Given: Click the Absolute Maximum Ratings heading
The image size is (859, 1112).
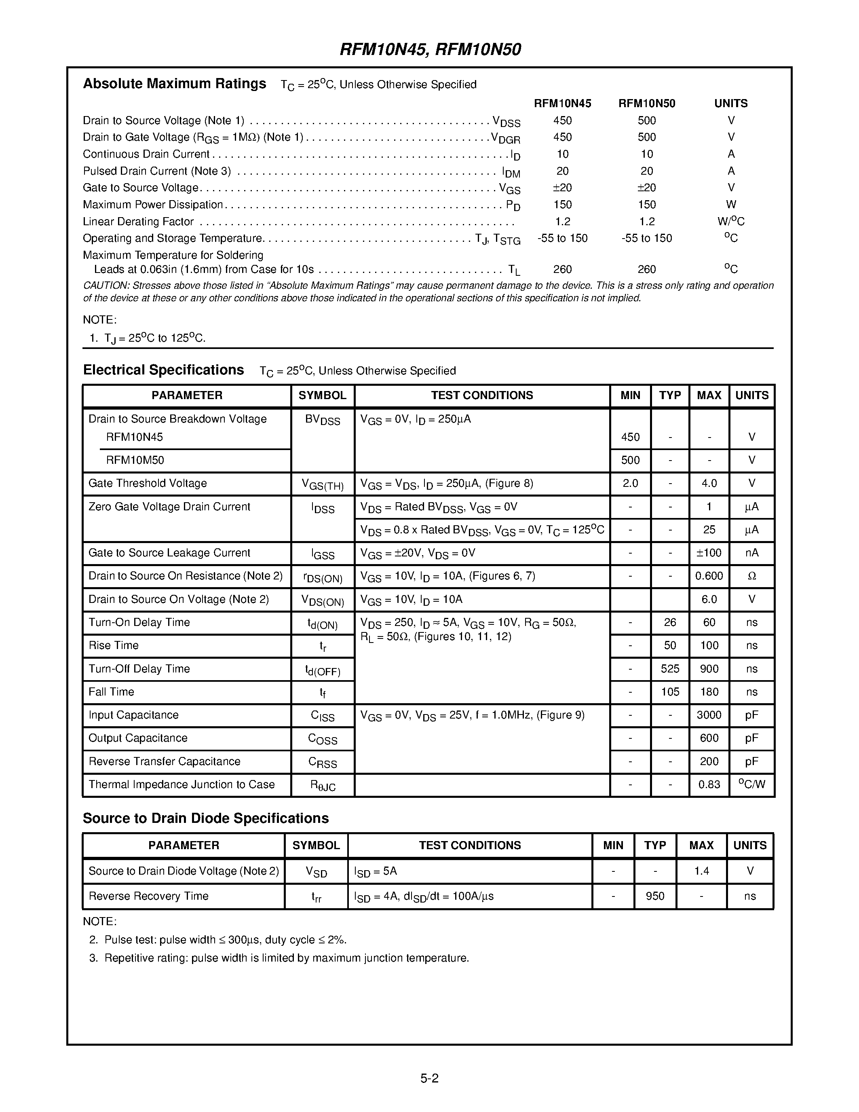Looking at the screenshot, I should [174, 84].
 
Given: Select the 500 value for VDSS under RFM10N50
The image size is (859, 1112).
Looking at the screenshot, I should [646, 121].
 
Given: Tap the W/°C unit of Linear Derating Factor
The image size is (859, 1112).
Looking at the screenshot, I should [731, 222].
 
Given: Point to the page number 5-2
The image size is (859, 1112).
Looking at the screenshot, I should [429, 1078].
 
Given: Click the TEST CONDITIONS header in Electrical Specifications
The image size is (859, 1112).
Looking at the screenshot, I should [481, 395].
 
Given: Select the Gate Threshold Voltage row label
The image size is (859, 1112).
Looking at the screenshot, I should [148, 483].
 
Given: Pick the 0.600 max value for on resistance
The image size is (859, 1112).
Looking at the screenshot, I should [709, 576].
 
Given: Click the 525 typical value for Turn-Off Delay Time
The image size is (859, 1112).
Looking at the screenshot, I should [670, 668].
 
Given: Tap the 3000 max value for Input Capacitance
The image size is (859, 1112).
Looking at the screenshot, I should [709, 715].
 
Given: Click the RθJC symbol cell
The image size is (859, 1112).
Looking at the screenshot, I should [323, 785].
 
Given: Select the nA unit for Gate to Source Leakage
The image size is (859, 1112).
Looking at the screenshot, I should [751, 553].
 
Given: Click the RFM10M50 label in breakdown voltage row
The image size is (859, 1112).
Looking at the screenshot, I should [135, 460].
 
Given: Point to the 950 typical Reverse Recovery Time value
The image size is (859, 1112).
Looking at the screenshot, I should [655, 896].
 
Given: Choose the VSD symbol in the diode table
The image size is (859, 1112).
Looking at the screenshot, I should [316, 872].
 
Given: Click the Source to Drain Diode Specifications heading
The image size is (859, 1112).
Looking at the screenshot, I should [206, 818].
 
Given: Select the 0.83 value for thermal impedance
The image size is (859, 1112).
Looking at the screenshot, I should [709, 784].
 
